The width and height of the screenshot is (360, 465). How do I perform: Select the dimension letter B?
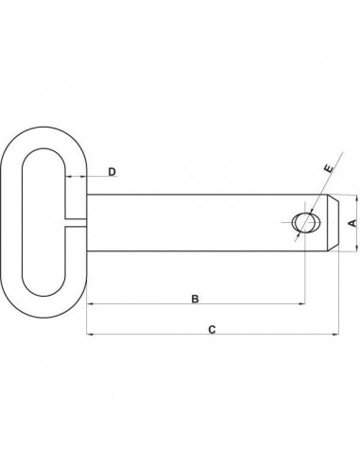(194, 300)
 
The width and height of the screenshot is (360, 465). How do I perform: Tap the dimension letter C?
(213, 330)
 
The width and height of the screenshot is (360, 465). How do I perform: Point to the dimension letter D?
(111, 172)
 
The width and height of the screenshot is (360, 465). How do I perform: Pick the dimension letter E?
(327, 168)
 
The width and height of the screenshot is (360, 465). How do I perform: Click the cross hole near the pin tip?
(303, 222)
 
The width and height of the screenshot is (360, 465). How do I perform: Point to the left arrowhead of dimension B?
(90, 303)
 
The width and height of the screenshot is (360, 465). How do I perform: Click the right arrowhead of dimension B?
(304, 303)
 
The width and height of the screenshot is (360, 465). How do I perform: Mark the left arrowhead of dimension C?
(90, 335)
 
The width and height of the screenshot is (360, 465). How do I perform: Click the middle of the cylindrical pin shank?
(189, 222)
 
